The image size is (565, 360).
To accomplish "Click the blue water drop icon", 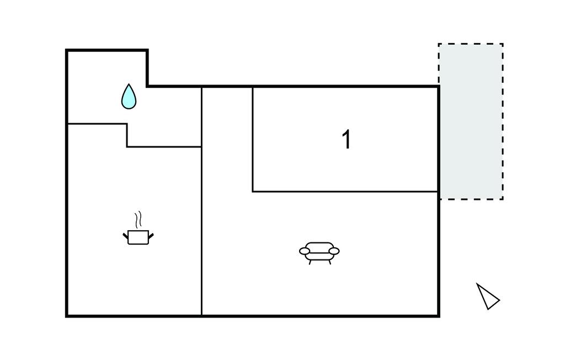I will [x=129, y=97].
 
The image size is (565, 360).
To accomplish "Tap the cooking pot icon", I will [x=137, y=237].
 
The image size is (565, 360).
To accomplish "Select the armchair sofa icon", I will [x=319, y=252].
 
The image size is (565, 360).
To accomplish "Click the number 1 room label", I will [x=346, y=140].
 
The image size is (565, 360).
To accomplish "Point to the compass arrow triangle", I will [x=487, y=297].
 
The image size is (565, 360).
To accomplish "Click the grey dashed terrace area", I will [x=471, y=121].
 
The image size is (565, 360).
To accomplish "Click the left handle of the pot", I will [x=125, y=236].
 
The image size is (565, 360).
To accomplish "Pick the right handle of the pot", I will [x=150, y=236].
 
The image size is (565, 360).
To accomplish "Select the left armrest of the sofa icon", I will [x=305, y=251].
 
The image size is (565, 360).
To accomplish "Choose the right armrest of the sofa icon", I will [x=334, y=251].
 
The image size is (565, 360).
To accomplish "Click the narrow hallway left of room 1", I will [x=227, y=138].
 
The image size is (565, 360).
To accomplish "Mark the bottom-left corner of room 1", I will [x=253, y=192].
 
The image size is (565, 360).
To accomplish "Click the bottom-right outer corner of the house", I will [x=439, y=316].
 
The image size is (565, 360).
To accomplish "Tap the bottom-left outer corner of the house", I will [x=67, y=316].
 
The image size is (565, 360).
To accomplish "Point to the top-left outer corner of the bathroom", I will [x=67, y=50].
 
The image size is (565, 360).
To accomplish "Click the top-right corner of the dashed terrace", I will [x=503, y=44].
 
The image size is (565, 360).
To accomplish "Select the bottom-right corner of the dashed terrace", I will [x=503, y=199].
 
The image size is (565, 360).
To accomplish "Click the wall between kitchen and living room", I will [x=201, y=232].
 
